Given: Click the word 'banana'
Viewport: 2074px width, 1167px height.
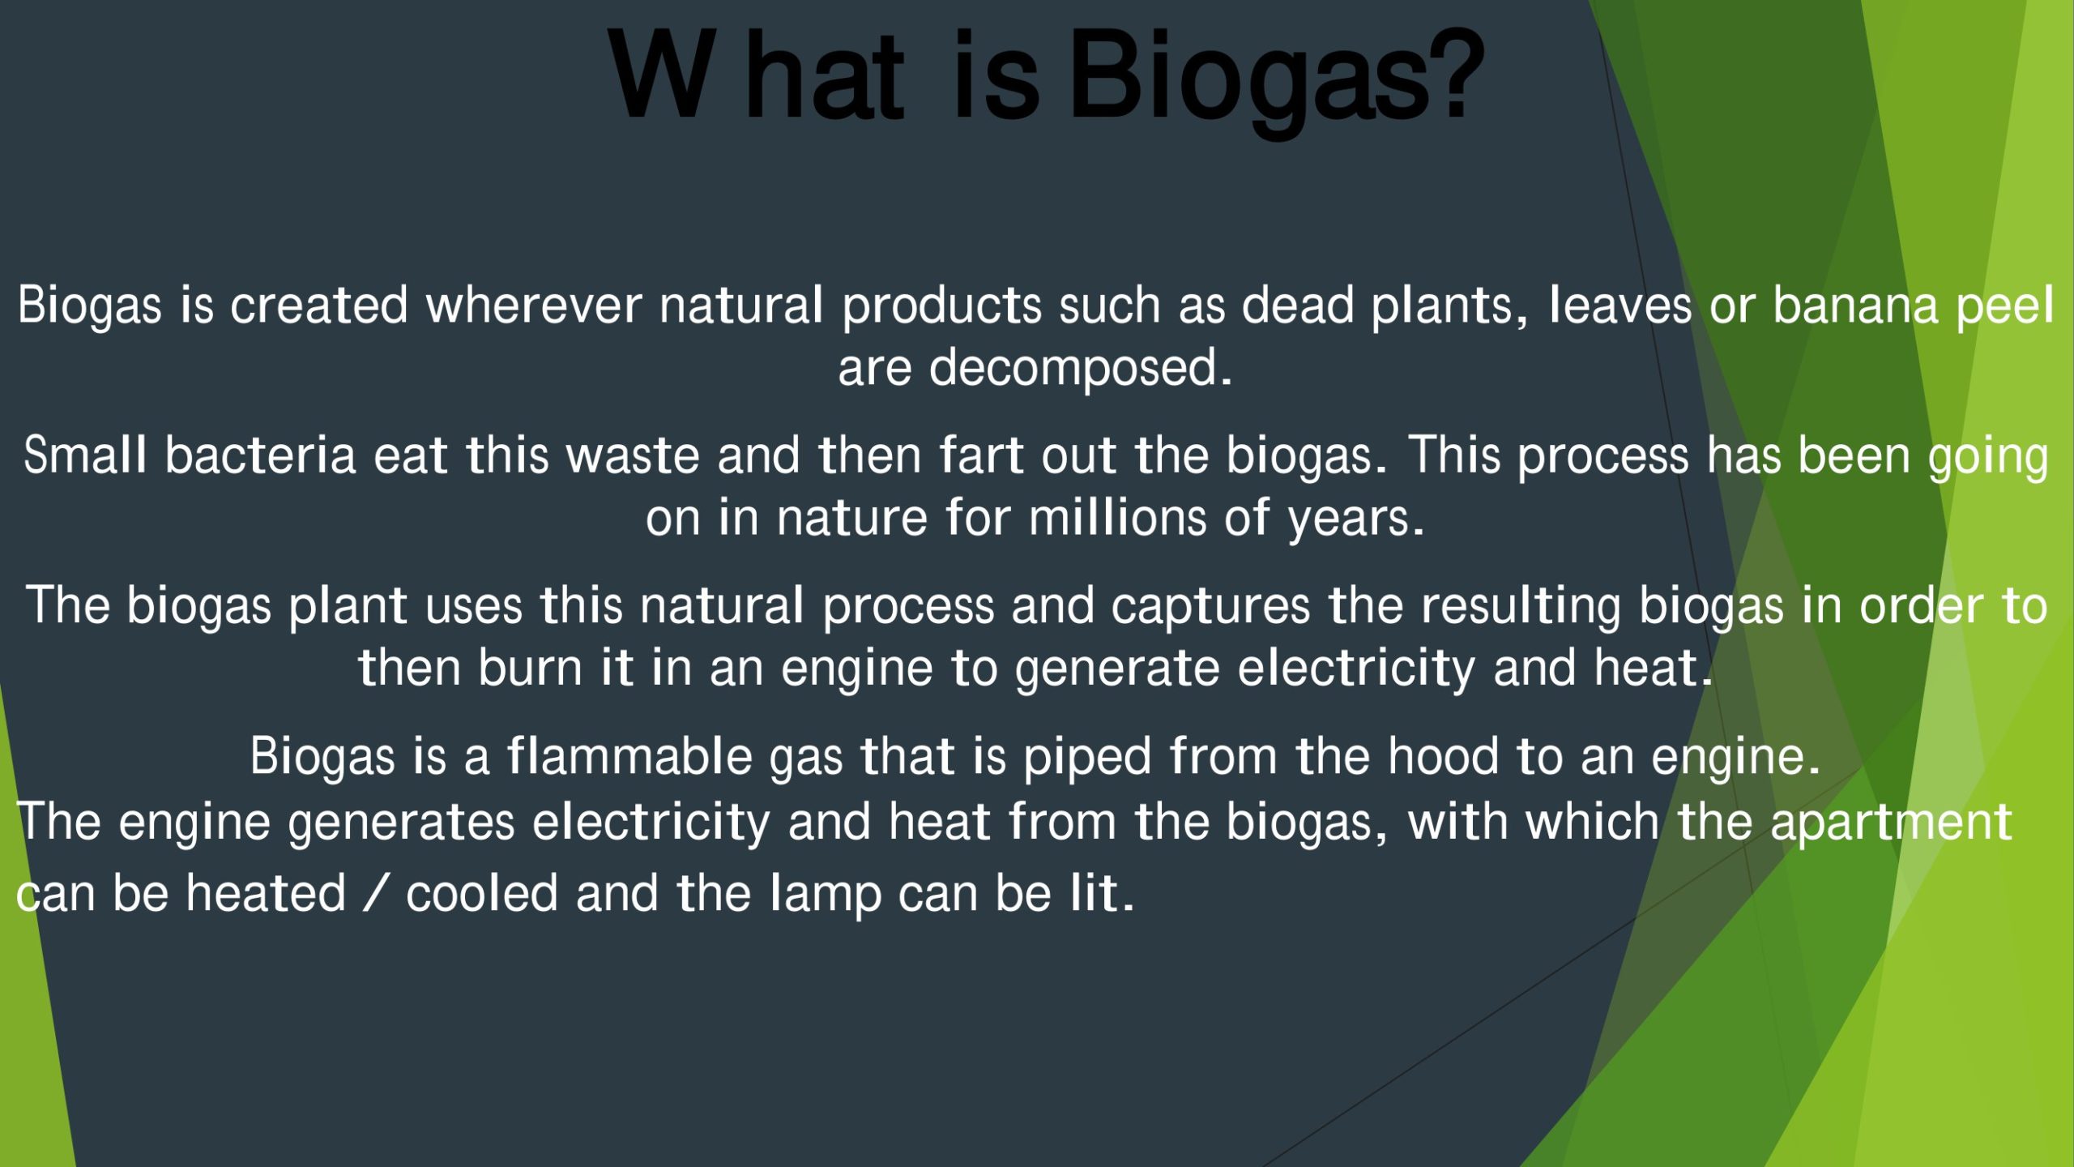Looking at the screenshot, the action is (x=1855, y=306).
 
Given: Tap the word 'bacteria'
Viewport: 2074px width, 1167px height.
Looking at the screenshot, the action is (x=260, y=455).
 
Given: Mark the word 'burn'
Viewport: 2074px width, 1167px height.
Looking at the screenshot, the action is (x=530, y=668).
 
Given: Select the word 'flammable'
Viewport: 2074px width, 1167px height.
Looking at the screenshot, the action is (x=629, y=756).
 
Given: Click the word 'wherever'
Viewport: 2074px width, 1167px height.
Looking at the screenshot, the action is (x=534, y=306).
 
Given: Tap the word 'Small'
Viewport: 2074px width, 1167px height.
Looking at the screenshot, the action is (x=85, y=455).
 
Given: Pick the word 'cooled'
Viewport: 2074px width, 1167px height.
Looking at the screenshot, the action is (x=482, y=893).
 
